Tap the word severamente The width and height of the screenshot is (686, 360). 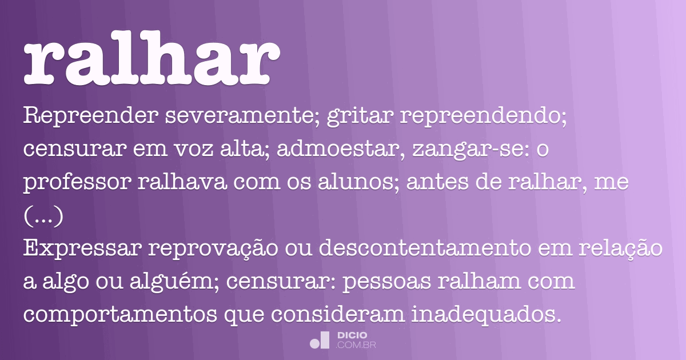pos(244,116)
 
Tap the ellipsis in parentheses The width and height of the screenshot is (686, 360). pos(43,217)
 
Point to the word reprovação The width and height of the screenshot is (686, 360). pos(214,250)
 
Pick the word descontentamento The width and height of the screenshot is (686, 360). pos(412,249)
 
